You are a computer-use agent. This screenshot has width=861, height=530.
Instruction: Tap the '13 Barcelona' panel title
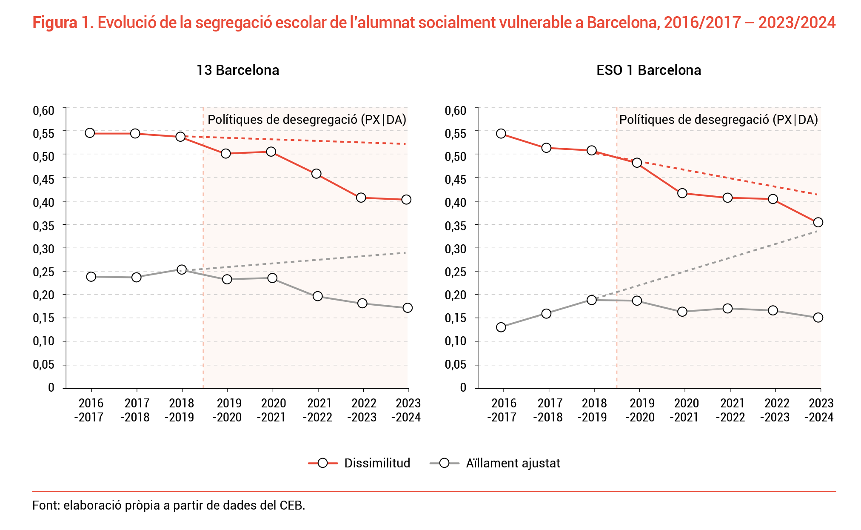coord(238,70)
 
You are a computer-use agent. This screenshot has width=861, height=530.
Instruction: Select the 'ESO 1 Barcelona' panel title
coord(649,70)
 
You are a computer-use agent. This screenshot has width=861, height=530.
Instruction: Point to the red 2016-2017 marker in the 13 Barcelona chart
coord(90,133)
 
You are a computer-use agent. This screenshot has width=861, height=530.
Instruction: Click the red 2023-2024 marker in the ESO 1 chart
coord(818,222)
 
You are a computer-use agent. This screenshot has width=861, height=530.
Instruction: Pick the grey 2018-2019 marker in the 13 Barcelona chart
coord(182,269)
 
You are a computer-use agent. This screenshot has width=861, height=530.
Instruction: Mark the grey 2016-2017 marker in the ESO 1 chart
coord(501,327)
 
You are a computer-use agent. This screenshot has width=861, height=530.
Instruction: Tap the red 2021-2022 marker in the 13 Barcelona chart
coord(316,174)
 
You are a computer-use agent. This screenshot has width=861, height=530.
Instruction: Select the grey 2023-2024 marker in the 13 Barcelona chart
coord(408,308)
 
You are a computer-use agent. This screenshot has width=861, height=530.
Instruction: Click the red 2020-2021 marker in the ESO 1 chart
coord(682,193)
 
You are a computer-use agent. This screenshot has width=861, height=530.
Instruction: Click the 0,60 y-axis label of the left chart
coord(44,111)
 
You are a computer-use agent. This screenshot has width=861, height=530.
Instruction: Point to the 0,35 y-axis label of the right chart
coord(456,226)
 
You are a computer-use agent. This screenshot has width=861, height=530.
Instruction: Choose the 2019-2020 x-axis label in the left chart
coord(228,410)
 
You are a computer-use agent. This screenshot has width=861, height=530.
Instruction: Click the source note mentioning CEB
coord(168,505)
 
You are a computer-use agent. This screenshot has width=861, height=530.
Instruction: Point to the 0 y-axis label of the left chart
coord(51,387)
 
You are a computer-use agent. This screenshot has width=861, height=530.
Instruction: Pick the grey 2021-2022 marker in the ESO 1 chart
coord(727,308)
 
